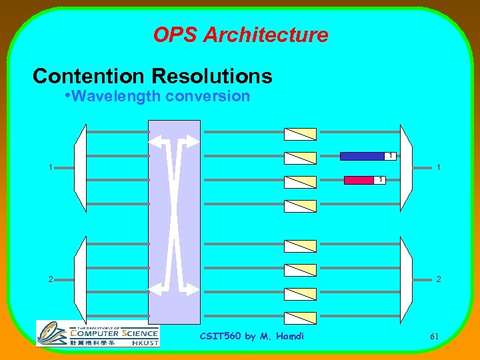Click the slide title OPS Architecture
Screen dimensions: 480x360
241,35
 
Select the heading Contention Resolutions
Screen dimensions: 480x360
153,76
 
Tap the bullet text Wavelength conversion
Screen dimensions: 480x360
161,96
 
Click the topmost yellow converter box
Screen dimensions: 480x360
300,133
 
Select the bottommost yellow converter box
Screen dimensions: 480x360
300,317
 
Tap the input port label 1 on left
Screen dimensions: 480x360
51,167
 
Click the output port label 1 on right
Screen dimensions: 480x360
438,167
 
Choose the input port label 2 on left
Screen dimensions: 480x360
51,279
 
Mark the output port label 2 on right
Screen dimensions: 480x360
438,279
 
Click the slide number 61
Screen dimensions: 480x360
434,337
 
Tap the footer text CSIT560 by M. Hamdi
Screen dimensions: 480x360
252,336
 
